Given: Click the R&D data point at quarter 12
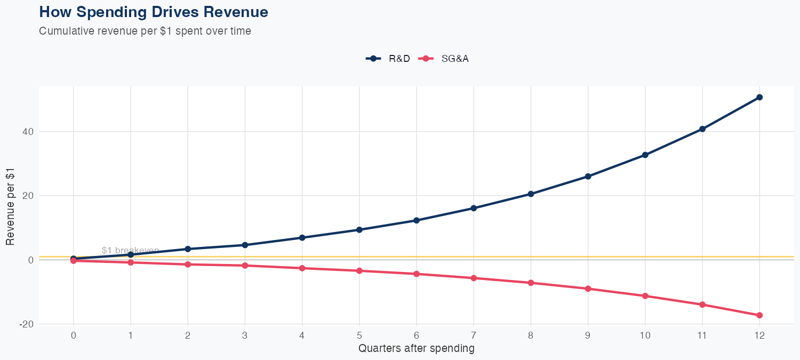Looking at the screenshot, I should pos(759,97).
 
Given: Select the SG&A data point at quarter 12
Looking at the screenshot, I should pos(759,315).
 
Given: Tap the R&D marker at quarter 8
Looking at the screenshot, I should pos(531,194).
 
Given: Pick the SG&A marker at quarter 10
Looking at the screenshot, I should pos(645,296).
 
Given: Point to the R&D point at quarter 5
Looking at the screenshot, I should pos(359,230).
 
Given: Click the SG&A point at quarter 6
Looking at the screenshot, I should pos(417,274).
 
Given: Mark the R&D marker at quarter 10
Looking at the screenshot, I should pos(645,155).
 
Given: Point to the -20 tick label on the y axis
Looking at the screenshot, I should pos(27,324).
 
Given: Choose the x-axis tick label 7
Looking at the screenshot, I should pos(474,336).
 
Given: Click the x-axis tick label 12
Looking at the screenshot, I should pos(759,336).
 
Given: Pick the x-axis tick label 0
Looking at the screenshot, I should pos(74,336).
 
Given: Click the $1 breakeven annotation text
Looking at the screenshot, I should pos(130,250).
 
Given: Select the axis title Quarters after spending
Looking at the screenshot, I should pos(416,349).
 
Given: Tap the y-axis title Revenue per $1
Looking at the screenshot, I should pos(11,207).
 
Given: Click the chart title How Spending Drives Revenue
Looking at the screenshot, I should pos(154,12).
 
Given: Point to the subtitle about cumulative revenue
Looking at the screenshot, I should pos(145,31).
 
